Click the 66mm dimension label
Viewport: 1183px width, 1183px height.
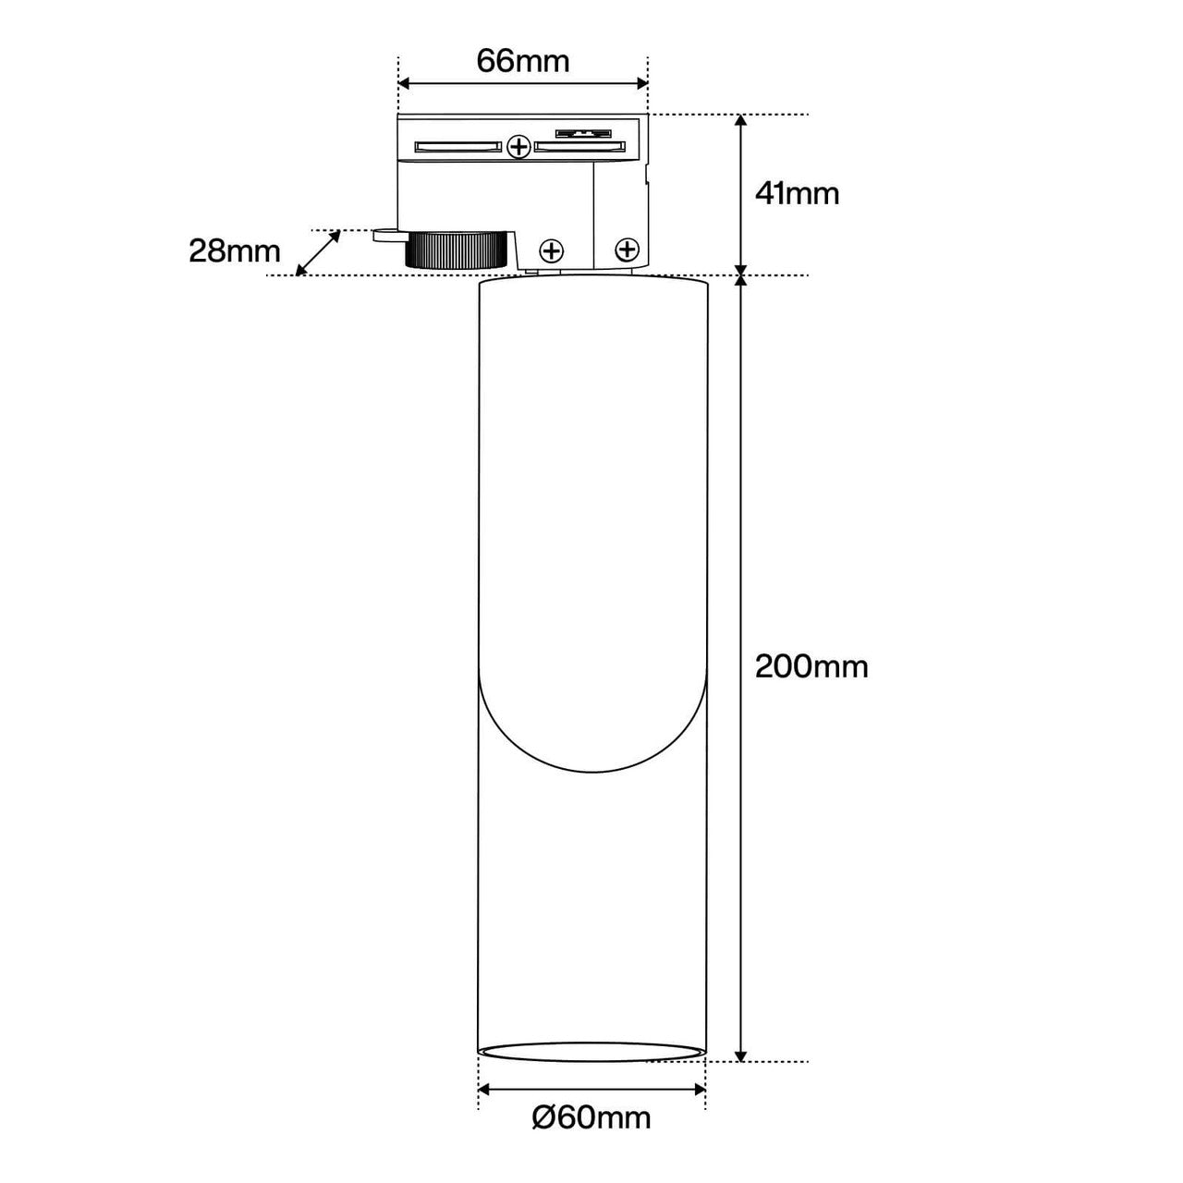click(x=522, y=61)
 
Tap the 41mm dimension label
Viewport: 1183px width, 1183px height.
click(x=797, y=194)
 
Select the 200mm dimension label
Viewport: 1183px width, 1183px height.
click(x=811, y=666)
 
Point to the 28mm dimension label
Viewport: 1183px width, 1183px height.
click(x=235, y=251)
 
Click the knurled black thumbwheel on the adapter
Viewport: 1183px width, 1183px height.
click(x=459, y=250)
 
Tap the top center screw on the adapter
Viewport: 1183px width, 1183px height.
click(x=520, y=147)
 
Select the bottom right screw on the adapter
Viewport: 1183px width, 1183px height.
click(x=627, y=250)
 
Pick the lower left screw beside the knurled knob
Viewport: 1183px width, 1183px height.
click(x=551, y=250)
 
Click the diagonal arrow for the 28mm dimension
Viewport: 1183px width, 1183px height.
click(x=318, y=253)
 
